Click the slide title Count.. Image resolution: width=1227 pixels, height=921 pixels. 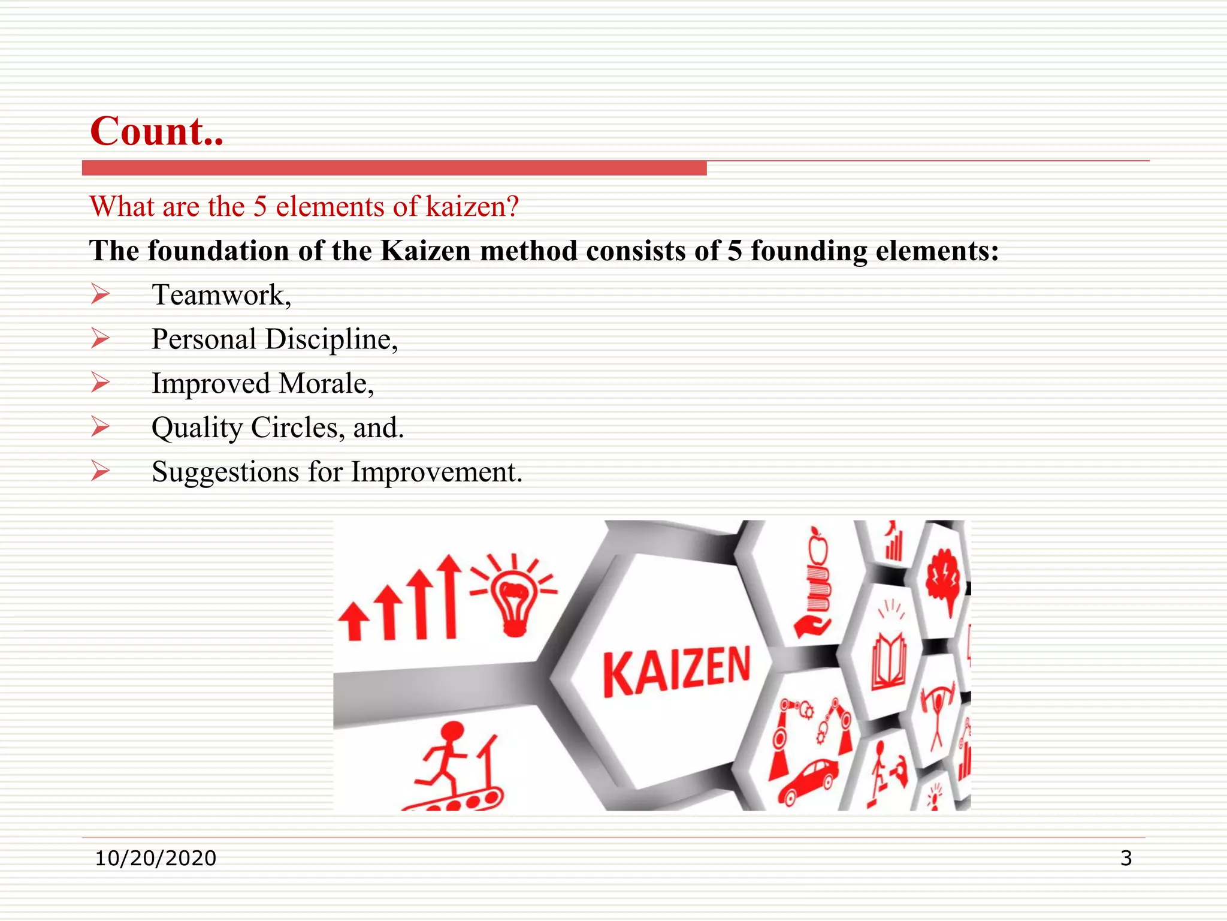click(x=156, y=131)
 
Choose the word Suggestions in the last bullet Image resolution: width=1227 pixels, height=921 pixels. click(x=225, y=472)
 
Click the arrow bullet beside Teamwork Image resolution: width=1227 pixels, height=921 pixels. click(x=101, y=294)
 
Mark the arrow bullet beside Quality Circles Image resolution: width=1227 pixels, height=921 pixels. click(x=101, y=427)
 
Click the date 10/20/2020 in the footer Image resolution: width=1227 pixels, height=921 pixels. click(x=156, y=858)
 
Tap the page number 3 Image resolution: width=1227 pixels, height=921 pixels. click(x=1126, y=858)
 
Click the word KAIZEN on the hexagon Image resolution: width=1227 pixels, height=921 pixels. click(x=676, y=671)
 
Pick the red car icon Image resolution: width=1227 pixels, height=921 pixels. click(x=809, y=780)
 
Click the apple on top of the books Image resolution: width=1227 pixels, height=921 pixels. click(x=818, y=547)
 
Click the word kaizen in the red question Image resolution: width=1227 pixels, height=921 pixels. click(x=472, y=207)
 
